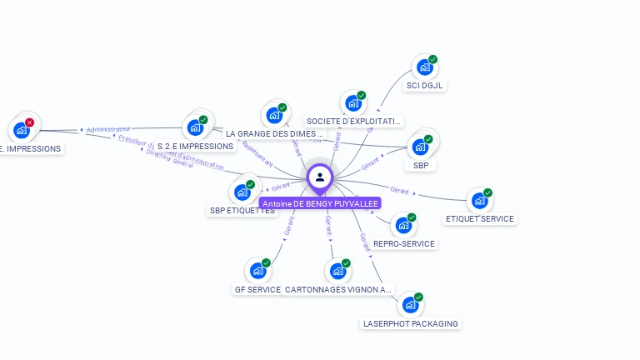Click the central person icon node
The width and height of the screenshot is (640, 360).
click(320, 177)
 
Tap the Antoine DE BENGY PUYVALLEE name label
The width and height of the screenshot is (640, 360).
click(320, 203)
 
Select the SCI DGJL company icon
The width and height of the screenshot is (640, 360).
click(424, 67)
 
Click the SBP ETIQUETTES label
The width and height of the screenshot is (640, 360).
click(242, 211)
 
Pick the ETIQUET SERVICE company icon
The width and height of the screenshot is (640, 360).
click(478, 200)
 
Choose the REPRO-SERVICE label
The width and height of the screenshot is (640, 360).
click(404, 244)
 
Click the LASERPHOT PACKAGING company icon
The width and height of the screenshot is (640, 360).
click(409, 305)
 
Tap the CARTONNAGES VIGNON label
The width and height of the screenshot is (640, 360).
click(337, 290)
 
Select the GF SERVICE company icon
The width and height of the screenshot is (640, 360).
click(257, 271)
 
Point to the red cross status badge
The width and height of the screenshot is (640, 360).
click(30, 122)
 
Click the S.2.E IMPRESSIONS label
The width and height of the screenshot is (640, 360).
click(196, 146)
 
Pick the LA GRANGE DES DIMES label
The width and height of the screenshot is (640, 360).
click(274, 133)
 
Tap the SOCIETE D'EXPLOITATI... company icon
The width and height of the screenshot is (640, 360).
click(352, 103)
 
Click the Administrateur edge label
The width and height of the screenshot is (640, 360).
click(109, 130)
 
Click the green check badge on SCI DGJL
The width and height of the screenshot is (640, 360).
click(433, 59)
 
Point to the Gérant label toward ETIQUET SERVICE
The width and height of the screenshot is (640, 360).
click(400, 191)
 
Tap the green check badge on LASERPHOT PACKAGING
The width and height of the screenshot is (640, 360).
click(418, 297)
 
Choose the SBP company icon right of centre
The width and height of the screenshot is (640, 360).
click(420, 147)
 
